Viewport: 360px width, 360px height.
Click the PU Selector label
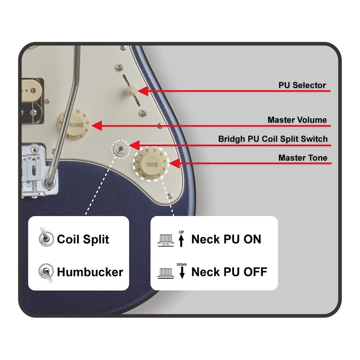tap(302, 85)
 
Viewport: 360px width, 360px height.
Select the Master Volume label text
tap(297, 120)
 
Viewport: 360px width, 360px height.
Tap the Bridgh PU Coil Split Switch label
tap(273, 139)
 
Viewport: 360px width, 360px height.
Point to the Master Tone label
tap(303, 158)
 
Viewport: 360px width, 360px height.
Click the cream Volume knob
tap(75, 125)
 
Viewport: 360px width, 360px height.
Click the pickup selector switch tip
tap(132, 90)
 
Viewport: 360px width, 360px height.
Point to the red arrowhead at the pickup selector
tap(143, 91)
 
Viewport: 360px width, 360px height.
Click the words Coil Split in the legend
tap(83, 239)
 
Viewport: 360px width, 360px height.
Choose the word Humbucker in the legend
tap(90, 272)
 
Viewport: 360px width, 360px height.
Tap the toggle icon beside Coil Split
tap(45, 238)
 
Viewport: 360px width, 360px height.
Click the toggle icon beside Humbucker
tap(45, 272)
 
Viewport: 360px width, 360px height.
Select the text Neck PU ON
tap(226, 239)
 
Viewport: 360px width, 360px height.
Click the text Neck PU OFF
tap(229, 272)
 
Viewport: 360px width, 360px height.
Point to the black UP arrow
tap(182, 240)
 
